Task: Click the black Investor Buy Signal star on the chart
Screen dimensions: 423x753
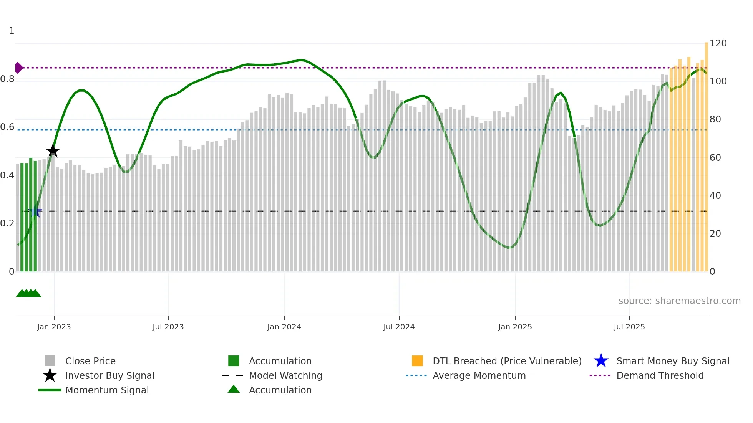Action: click(x=53, y=151)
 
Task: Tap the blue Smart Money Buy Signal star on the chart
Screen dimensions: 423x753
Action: click(x=35, y=211)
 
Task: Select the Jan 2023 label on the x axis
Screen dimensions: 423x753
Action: click(x=54, y=327)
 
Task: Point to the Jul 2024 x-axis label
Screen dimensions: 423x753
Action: click(x=399, y=327)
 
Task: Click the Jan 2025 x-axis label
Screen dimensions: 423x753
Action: click(x=515, y=327)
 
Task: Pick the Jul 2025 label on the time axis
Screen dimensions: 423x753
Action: click(x=629, y=327)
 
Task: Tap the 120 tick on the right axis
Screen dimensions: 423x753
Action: click(x=718, y=43)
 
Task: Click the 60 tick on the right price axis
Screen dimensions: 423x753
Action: click(x=715, y=158)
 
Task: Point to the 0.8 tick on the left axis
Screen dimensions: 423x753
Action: click(x=7, y=79)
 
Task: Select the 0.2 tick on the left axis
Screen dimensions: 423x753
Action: click(x=7, y=223)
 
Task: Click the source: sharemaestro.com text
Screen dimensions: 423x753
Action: click(x=679, y=301)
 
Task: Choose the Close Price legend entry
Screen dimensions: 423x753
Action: click(x=90, y=361)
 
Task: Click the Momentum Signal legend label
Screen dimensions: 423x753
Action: click(x=107, y=390)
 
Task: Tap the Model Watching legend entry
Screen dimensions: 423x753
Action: click(x=285, y=376)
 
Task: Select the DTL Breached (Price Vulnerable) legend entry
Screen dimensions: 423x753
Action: click(x=507, y=361)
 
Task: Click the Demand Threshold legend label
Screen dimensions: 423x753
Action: click(x=660, y=376)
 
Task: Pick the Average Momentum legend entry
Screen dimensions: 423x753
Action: click(x=479, y=376)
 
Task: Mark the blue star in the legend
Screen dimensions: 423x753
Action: click(x=601, y=361)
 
